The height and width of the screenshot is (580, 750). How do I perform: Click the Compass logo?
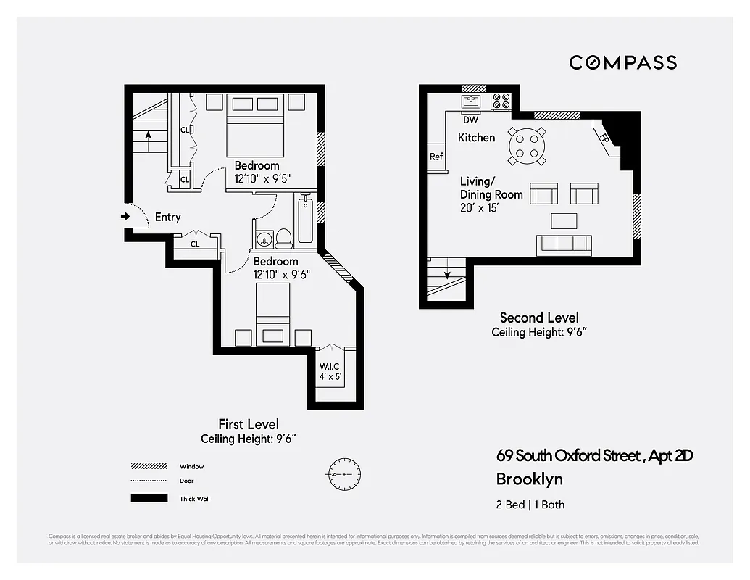622,62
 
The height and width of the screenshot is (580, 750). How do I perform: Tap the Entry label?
167,217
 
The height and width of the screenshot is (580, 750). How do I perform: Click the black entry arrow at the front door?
125,216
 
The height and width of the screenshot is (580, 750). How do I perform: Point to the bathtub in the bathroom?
305,220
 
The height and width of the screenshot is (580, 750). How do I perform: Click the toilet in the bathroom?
283,237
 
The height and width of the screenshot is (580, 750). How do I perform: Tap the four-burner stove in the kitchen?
501,101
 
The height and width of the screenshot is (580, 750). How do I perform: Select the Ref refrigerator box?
436,157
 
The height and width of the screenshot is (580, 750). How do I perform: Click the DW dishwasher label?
470,120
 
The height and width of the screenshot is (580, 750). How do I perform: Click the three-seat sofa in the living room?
564,245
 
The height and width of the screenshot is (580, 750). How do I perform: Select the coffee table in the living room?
564,220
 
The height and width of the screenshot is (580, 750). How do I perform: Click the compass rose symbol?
343,474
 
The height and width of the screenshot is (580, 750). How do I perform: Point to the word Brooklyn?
529,479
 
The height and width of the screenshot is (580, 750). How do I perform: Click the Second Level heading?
539,318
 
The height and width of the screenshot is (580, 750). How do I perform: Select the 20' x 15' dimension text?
480,207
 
